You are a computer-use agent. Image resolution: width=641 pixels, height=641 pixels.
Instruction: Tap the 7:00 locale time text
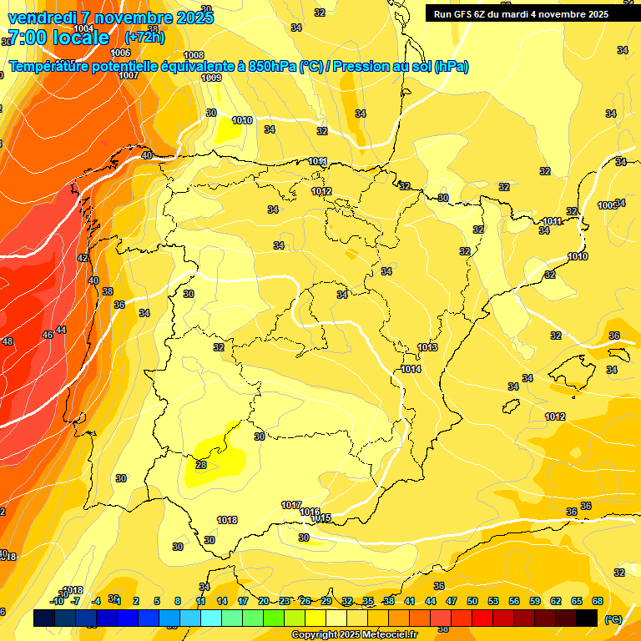tap(58, 38)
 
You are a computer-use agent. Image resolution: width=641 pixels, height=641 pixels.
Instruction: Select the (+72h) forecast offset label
tap(145, 38)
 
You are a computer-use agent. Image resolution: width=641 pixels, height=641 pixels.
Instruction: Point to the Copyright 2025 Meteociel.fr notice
tap(354, 634)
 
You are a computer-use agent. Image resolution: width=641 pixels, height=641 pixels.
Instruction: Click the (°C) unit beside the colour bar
tap(613, 618)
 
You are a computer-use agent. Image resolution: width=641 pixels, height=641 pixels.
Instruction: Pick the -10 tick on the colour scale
tap(57, 601)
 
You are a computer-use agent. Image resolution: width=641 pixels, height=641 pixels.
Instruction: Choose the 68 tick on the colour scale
tap(598, 601)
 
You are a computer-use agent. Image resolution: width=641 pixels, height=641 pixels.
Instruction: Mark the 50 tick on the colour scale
tap(472, 601)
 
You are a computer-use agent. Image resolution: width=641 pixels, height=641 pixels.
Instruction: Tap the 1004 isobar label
tap(84, 28)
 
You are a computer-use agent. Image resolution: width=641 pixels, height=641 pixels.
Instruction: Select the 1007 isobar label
tap(129, 75)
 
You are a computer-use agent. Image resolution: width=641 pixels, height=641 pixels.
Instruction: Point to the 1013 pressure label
tap(427, 347)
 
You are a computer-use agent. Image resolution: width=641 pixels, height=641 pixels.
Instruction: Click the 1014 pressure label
tap(411, 369)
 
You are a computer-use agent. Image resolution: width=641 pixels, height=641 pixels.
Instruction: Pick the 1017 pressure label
tap(291, 505)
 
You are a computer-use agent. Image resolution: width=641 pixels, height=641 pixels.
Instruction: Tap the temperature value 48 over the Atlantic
tap(8, 341)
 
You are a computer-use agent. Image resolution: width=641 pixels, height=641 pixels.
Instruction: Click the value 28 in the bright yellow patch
tap(201, 465)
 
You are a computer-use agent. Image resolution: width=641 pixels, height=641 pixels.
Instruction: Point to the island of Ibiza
tap(511, 407)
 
